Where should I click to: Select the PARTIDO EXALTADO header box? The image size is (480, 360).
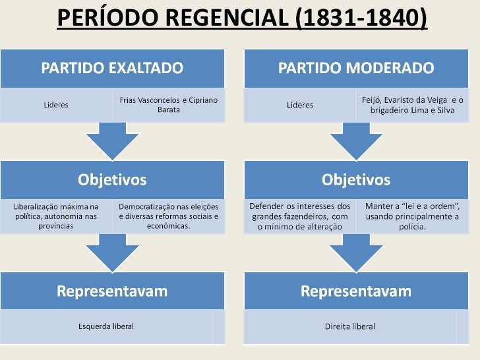113,68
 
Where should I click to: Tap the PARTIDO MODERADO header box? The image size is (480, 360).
356,68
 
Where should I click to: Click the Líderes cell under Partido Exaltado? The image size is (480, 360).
56,105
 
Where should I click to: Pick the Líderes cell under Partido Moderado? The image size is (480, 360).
300,105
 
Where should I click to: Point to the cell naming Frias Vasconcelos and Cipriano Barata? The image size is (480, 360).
168,105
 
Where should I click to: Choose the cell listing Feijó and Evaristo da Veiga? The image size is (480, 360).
413,104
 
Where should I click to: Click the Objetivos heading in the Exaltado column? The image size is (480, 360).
113,179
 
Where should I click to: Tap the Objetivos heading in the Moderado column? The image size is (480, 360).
356,179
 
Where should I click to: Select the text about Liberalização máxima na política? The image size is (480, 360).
56,216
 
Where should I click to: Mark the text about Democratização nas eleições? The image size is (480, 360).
169,216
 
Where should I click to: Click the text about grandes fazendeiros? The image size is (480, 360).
300,216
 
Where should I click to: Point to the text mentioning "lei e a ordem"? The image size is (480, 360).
413,216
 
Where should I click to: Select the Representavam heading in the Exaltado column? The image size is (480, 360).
113,291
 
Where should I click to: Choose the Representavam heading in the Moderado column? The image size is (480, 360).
356,291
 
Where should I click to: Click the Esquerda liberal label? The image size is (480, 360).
106,326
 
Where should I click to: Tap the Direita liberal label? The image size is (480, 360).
350,326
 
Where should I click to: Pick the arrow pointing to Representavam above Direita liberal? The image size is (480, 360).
356,251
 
